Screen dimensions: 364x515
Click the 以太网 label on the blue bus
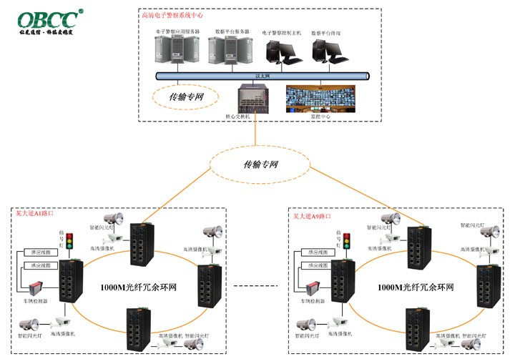(x=263, y=75)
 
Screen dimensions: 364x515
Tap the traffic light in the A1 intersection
(x=69, y=245)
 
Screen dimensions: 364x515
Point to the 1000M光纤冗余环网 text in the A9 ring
(x=416, y=287)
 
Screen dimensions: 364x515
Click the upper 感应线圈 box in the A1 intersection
(x=37, y=252)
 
